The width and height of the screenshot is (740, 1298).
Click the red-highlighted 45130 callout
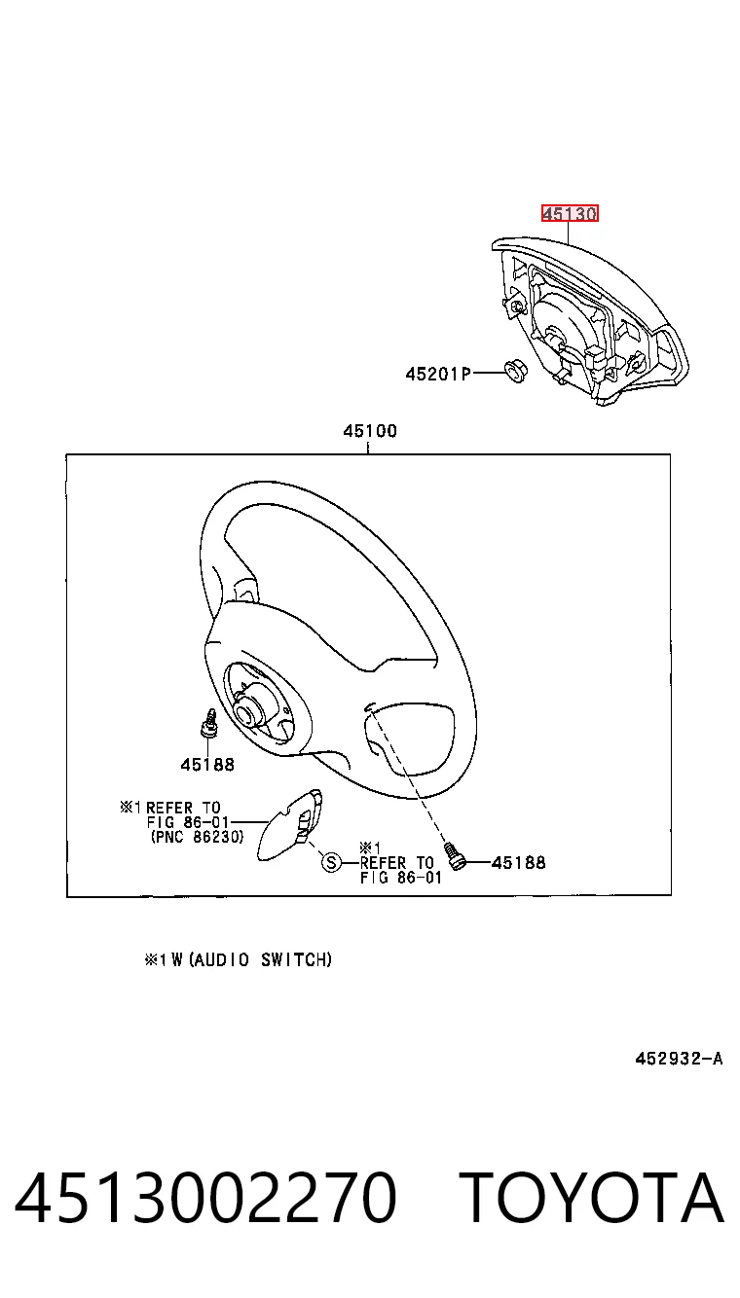pos(569,214)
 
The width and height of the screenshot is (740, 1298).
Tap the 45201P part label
pos(438,375)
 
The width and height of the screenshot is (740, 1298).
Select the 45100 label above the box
pos(370,431)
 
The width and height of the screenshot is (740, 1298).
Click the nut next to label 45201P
pos(515,371)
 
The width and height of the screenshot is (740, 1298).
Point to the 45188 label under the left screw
pos(207,765)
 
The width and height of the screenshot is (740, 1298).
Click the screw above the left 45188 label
pos(208,723)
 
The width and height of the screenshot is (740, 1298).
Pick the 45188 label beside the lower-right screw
pos(518,863)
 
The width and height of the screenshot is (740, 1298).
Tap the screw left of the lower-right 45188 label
pos(456,856)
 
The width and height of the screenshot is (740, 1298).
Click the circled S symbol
pos(331,863)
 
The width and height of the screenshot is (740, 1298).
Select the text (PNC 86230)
pos(198,837)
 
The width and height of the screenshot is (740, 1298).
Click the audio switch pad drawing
pos(290,824)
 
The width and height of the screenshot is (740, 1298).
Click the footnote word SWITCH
pos(296,960)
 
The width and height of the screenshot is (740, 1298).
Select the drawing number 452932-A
pos(679,1059)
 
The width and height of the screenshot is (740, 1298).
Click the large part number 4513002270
pos(205,1199)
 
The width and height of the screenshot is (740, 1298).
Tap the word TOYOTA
pos(592,1199)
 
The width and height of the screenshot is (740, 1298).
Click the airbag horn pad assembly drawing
pos(589,320)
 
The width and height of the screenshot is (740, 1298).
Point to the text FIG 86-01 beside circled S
pos(401,878)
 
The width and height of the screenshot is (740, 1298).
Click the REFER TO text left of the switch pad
pos(183,808)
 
